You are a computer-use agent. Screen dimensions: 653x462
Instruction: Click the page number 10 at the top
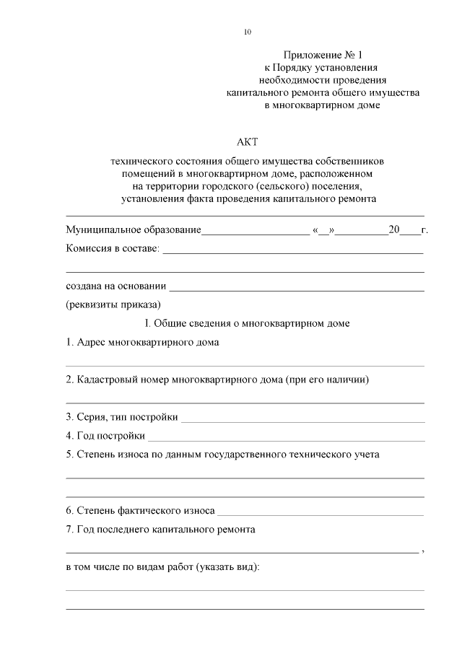(248, 32)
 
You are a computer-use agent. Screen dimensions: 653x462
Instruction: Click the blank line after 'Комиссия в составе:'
(292, 252)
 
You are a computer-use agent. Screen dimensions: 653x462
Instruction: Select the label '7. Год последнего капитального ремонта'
(160, 529)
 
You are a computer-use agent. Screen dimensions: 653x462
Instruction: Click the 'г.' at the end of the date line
(424, 230)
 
